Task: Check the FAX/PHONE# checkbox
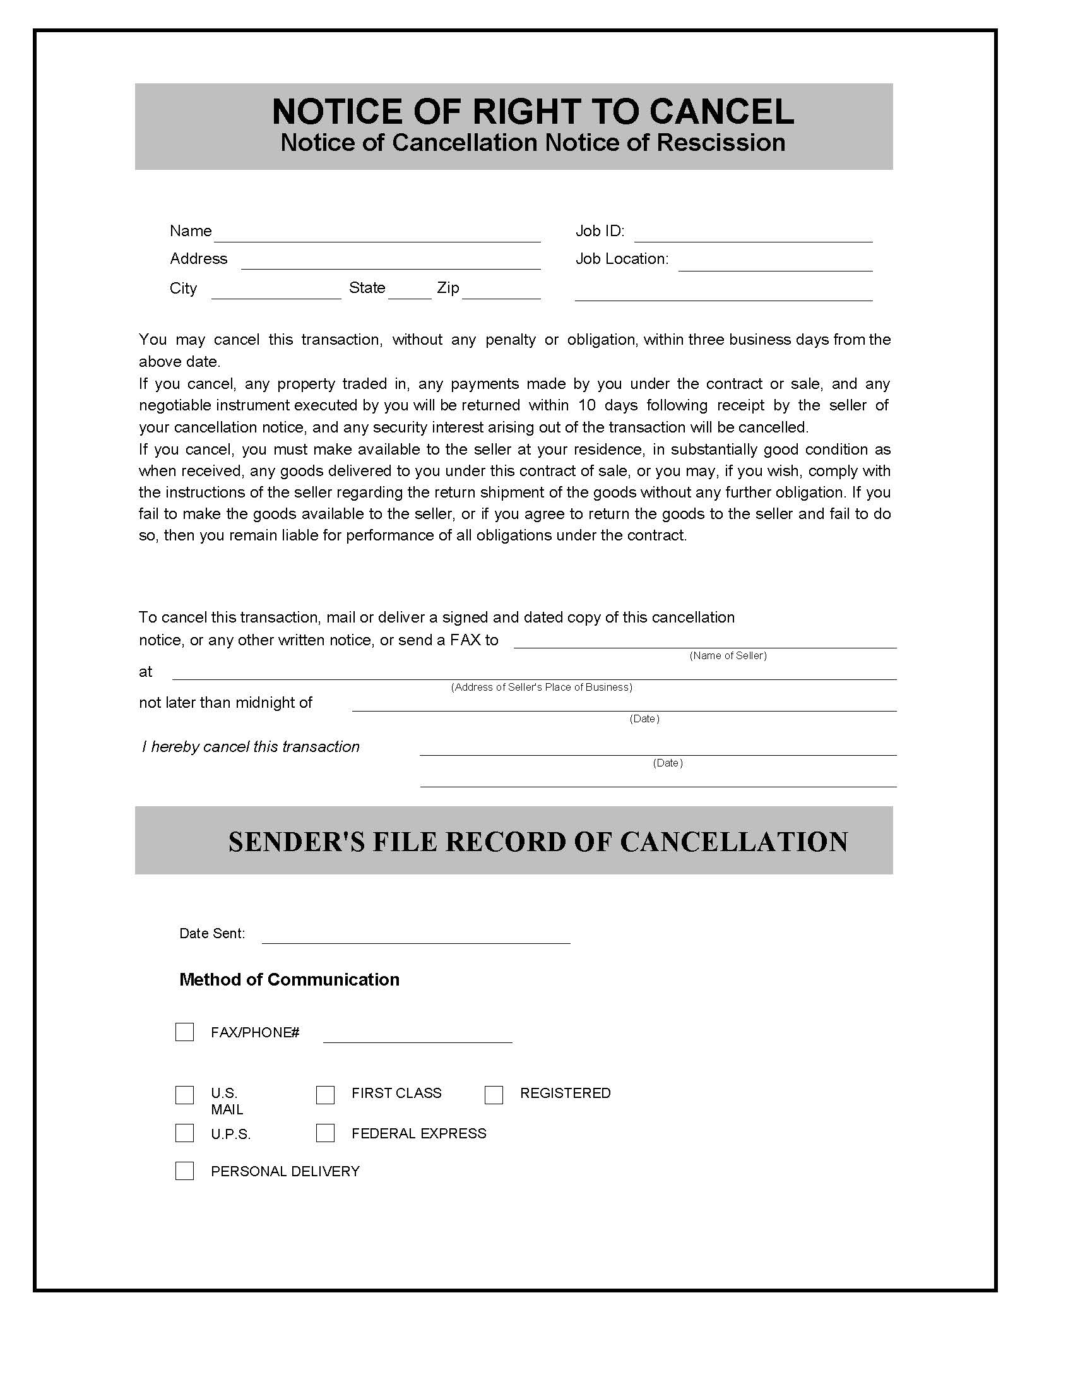pyautogui.click(x=184, y=1032)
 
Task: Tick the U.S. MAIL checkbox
pyautogui.click(x=184, y=1095)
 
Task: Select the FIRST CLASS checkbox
pyautogui.click(x=325, y=1095)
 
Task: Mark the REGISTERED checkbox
pyautogui.click(x=494, y=1095)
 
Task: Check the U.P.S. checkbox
pyautogui.click(x=184, y=1133)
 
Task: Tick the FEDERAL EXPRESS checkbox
pyautogui.click(x=325, y=1133)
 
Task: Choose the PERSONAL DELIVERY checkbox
pyautogui.click(x=184, y=1171)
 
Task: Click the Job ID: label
pyautogui.click(x=600, y=231)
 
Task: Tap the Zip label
pyautogui.click(x=448, y=288)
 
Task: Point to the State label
pyautogui.click(x=367, y=288)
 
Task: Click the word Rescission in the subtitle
pyautogui.click(x=720, y=143)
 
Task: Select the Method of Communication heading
pyautogui.click(x=289, y=979)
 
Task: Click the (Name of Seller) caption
pyautogui.click(x=728, y=656)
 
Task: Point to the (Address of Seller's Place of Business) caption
pyautogui.click(x=541, y=688)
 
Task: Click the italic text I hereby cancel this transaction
pyautogui.click(x=251, y=747)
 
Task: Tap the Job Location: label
pyautogui.click(x=622, y=259)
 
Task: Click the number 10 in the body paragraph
pyautogui.click(x=586, y=405)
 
